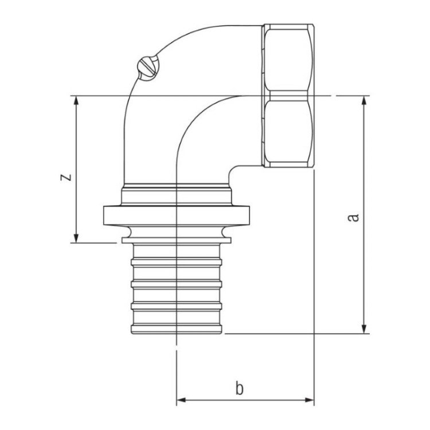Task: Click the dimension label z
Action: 66,177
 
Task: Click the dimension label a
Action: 353,217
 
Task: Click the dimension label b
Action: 240,388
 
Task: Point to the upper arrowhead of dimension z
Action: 76,101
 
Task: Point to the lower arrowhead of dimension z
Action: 76,238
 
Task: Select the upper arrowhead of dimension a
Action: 364,101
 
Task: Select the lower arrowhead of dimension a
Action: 364,329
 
